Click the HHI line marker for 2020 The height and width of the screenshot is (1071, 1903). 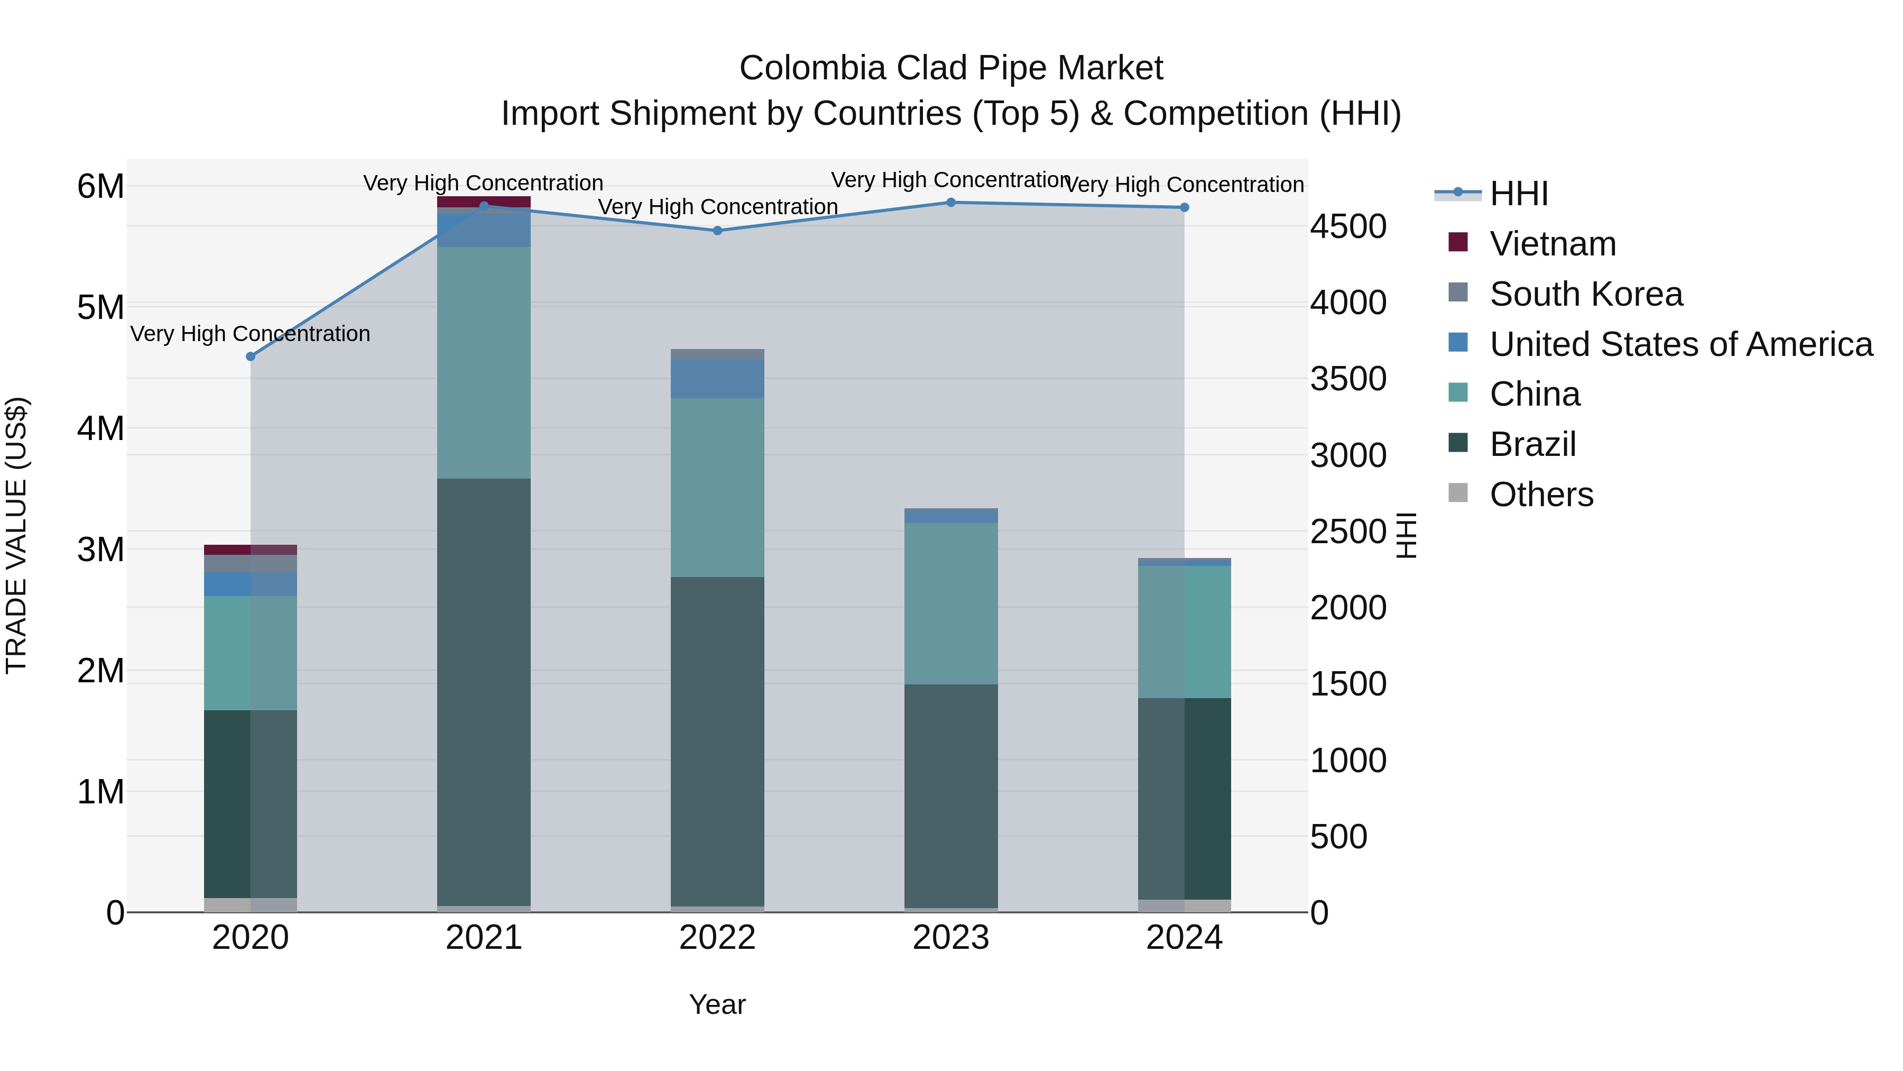pyautogui.click(x=251, y=356)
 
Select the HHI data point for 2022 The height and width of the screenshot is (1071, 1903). pyautogui.click(x=717, y=231)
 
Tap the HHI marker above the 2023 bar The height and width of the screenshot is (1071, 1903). pyautogui.click(x=951, y=203)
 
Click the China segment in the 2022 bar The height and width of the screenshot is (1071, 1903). pyautogui.click(x=717, y=487)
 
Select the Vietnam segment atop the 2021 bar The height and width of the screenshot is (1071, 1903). pyautogui.click(x=484, y=202)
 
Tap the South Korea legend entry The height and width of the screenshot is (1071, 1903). pyautogui.click(x=1585, y=294)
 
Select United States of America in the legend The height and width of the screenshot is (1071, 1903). pyautogui.click(x=1680, y=344)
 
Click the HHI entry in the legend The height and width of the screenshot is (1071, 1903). pyautogui.click(x=1518, y=194)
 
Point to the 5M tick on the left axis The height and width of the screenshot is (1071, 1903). pyautogui.click(x=100, y=307)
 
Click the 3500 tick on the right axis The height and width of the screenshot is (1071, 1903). pyautogui.click(x=1348, y=379)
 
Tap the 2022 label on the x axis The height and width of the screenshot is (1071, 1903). pyautogui.click(x=717, y=938)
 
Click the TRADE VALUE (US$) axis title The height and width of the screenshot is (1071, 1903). pyautogui.click(x=17, y=535)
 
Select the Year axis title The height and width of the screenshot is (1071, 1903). pyautogui.click(x=717, y=1004)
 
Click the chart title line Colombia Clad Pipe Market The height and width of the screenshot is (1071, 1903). pyautogui.click(x=951, y=68)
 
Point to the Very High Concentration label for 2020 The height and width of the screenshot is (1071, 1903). pyautogui.click(x=251, y=334)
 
